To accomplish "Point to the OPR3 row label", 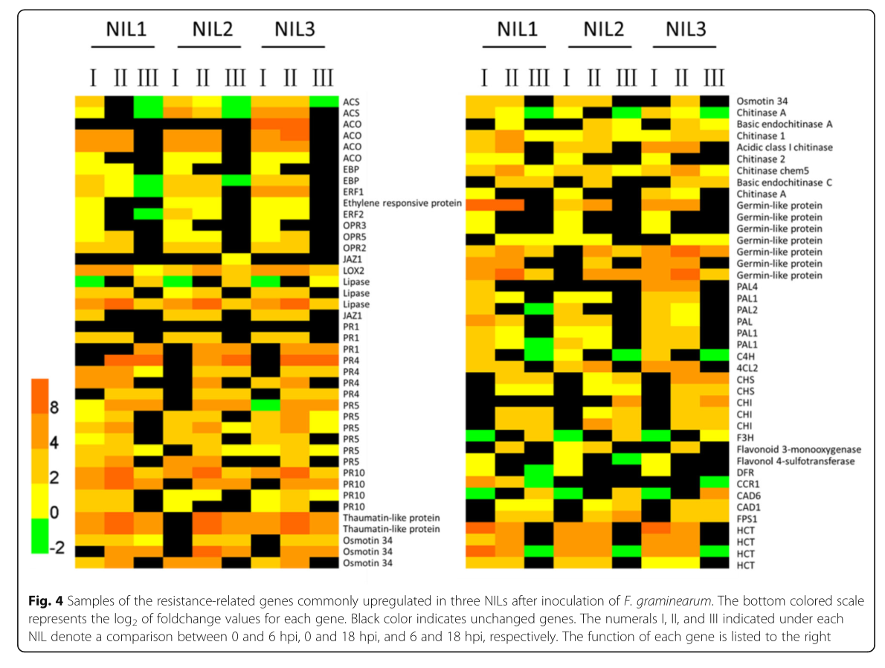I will pos(353,225).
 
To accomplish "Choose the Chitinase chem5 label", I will pos(774,170).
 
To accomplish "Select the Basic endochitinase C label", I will pos(779,182).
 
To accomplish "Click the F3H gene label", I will pos(744,438).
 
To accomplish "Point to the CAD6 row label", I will pos(747,495).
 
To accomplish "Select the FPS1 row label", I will pos(747,518).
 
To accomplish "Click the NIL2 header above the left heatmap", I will pos(212,30).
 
